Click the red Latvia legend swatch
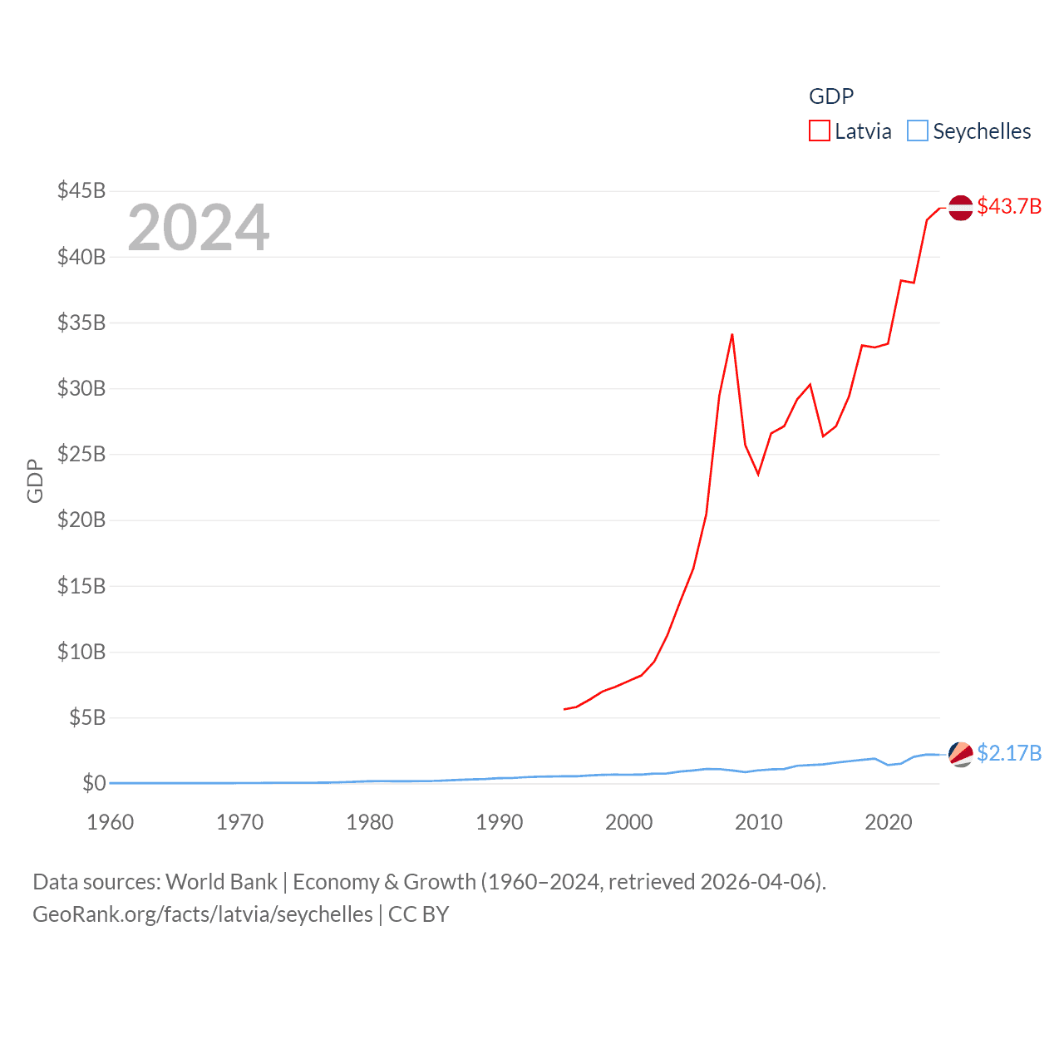tap(820, 131)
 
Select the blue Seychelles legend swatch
tap(917, 131)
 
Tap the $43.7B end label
tap(1009, 206)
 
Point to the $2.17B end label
tap(1009, 753)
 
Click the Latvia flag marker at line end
tap(961, 208)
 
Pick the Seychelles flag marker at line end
tap(961, 754)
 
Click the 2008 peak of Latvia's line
tap(731, 334)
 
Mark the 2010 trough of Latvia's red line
tap(758, 474)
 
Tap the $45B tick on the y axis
tap(81, 190)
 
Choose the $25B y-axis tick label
tap(81, 454)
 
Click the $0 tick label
tap(94, 783)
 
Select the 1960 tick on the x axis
tap(111, 822)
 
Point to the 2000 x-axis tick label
tap(629, 822)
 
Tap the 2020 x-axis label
tap(889, 822)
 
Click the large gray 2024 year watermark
tap(198, 228)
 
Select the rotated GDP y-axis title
tap(35, 480)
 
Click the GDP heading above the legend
tap(831, 96)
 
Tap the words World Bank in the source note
tap(222, 881)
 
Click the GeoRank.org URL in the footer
tap(203, 914)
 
